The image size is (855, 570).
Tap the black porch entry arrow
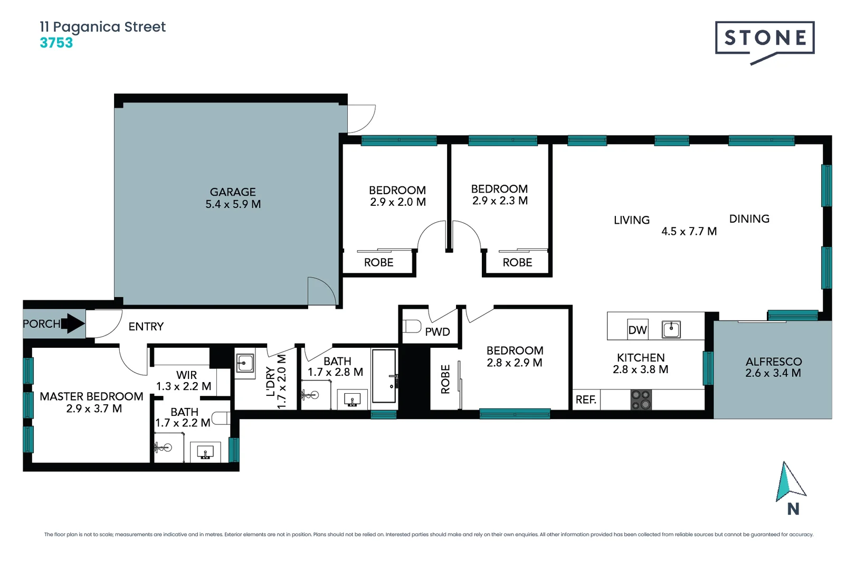click(73, 324)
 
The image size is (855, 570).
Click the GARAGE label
click(233, 192)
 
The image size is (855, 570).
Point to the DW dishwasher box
click(638, 330)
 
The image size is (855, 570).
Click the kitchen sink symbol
click(671, 329)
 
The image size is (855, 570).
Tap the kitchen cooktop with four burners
click(641, 400)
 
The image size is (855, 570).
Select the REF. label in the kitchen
click(586, 400)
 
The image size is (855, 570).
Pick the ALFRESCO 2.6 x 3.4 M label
click(773, 367)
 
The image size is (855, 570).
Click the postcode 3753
click(56, 43)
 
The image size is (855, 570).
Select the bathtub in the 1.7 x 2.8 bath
click(384, 376)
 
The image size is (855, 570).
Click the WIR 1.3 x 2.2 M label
click(185, 381)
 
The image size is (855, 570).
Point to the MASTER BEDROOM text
click(91, 396)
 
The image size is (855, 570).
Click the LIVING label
click(632, 220)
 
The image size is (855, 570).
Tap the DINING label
click(749, 218)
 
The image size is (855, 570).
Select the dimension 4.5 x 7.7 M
click(689, 231)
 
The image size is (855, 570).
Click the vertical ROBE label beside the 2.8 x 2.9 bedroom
click(445, 379)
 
